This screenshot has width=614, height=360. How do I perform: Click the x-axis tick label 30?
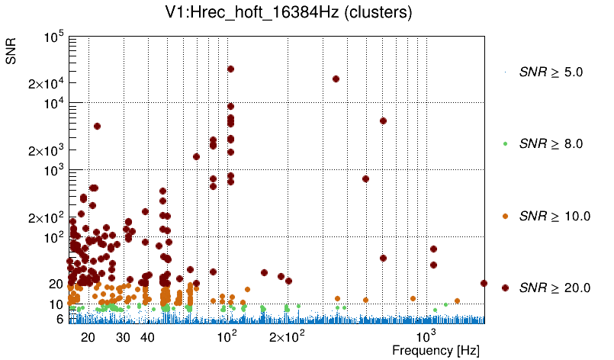(x=123, y=337)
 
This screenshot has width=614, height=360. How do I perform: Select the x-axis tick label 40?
(x=148, y=337)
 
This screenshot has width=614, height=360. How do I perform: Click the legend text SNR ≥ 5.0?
(x=551, y=72)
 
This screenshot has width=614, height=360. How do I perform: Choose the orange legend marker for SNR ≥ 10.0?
(x=505, y=216)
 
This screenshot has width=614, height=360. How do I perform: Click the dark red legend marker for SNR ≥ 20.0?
(x=505, y=288)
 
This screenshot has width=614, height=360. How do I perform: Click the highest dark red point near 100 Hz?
(x=230, y=69)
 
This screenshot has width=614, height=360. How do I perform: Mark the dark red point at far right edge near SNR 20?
(x=484, y=283)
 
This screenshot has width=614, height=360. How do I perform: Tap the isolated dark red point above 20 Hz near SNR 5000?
(x=97, y=126)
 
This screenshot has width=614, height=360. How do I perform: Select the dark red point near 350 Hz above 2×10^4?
(x=336, y=79)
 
